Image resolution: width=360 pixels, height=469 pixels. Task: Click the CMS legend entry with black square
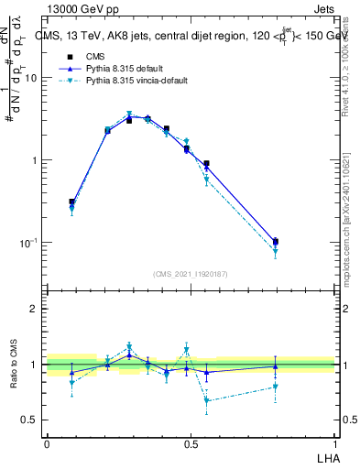(x=82, y=57)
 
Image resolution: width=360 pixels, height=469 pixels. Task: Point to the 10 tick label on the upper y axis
(x=30, y=79)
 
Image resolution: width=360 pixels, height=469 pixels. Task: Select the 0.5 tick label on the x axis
(x=191, y=443)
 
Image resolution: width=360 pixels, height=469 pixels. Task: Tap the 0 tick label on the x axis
(x=48, y=443)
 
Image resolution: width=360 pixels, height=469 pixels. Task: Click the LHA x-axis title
(x=327, y=457)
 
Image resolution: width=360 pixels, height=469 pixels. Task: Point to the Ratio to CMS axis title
(x=14, y=365)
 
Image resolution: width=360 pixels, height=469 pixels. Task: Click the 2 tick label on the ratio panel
(x=34, y=310)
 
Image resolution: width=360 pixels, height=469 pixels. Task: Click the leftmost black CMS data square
(x=71, y=202)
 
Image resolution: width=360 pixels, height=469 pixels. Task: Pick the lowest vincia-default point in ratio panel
(x=207, y=400)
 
